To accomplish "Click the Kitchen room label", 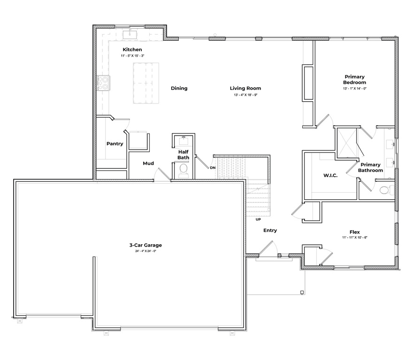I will pyautogui.click(x=132, y=50).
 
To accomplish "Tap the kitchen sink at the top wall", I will pyautogui.click(x=130, y=34).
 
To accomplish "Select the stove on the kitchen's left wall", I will pyautogui.click(x=103, y=83).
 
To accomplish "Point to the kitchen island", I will pyautogui.click(x=146, y=83).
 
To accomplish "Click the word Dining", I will pyautogui.click(x=179, y=88).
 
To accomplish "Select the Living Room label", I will pyautogui.click(x=245, y=88).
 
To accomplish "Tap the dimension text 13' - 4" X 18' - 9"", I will pyautogui.click(x=245, y=95).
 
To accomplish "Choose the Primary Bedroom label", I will pyautogui.click(x=354, y=79).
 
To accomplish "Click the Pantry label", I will pyautogui.click(x=114, y=144).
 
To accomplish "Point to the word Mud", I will pyautogui.click(x=148, y=164).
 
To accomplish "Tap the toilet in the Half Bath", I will pyautogui.click(x=183, y=169).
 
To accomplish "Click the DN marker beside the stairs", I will pyautogui.click(x=213, y=168).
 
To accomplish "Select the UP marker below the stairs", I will pyautogui.click(x=258, y=219).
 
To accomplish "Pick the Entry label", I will pyautogui.click(x=270, y=231).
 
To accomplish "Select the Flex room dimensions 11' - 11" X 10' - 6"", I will pyautogui.click(x=354, y=238).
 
